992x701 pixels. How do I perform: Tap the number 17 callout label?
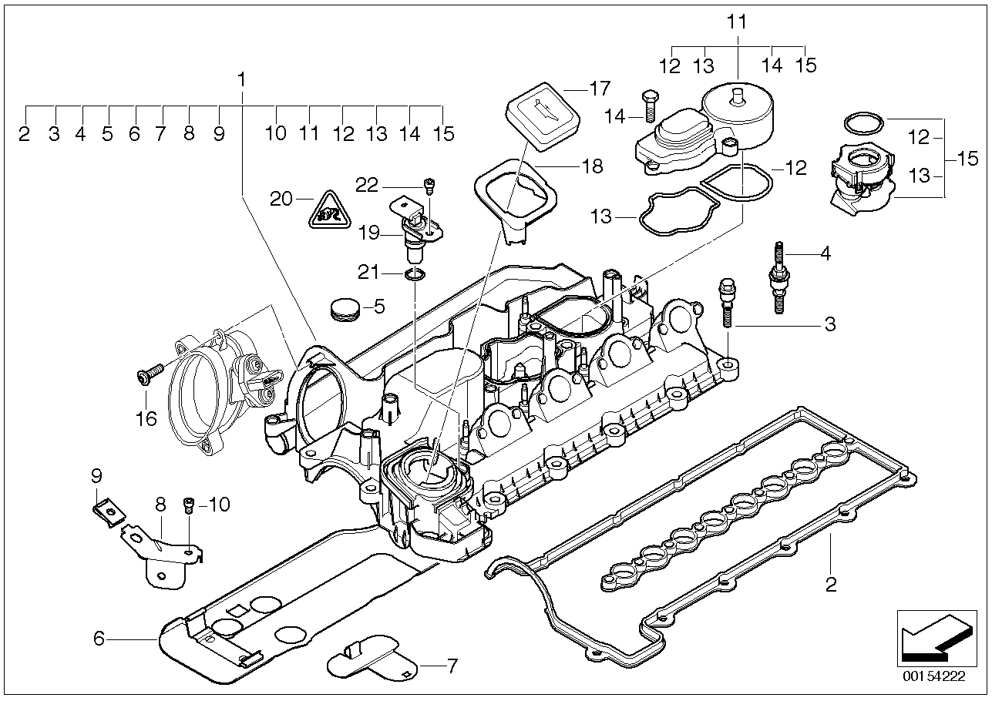(x=599, y=88)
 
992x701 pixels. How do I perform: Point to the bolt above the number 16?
(x=148, y=374)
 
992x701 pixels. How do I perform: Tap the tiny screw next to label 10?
(x=189, y=506)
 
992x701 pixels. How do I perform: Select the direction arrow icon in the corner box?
(x=933, y=637)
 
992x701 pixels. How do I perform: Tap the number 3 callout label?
(x=830, y=325)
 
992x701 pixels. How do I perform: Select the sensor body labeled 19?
(x=416, y=230)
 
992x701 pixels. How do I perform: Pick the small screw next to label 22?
(x=429, y=185)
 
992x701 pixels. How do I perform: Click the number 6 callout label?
(x=98, y=638)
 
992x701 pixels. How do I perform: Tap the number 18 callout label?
(x=593, y=166)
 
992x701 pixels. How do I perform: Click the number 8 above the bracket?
(x=160, y=505)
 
